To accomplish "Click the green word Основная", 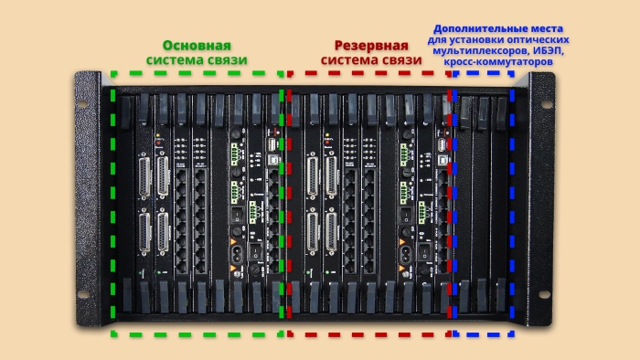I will coord(197,45).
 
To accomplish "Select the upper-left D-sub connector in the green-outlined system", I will coord(144,174).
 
